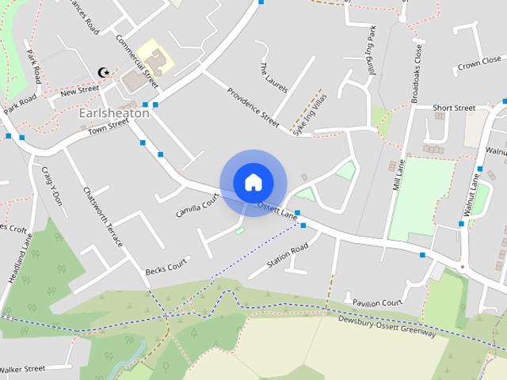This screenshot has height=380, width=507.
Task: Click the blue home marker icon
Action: pos(253,183)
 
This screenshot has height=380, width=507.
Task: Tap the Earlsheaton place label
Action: pos(114,113)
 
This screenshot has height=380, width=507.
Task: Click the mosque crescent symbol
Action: pos(101,72)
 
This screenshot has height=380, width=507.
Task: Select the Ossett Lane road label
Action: pos(276,209)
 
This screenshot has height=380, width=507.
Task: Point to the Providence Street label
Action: pos(253,107)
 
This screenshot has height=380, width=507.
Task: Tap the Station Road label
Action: pos(287,256)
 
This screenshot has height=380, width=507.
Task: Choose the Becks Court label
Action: pos(166,266)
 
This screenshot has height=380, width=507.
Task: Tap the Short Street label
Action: pos(454,108)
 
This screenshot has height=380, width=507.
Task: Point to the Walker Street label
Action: pos(22,369)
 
